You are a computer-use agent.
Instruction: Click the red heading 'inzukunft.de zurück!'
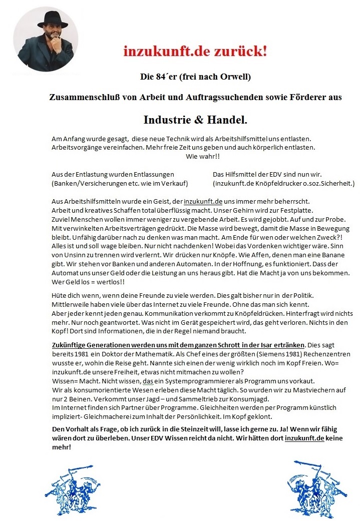coord(195,51)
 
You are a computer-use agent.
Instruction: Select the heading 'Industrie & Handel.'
coord(195,120)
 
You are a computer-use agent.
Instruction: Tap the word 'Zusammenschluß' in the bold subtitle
coord(81,97)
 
